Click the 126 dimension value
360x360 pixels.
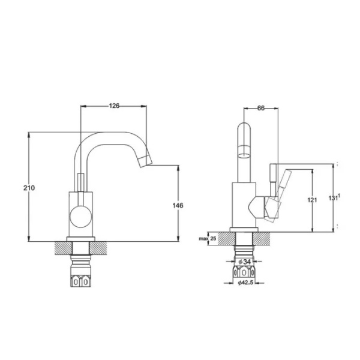(114, 106)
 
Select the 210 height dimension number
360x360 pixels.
(29, 188)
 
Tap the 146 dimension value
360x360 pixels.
(178, 205)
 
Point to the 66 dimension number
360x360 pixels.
(261, 107)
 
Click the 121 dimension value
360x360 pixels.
(312, 200)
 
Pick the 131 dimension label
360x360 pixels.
(334, 197)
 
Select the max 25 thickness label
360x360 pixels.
(208, 239)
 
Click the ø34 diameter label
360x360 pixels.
(244, 262)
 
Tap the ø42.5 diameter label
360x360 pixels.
(245, 283)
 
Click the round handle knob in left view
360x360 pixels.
(80, 217)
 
